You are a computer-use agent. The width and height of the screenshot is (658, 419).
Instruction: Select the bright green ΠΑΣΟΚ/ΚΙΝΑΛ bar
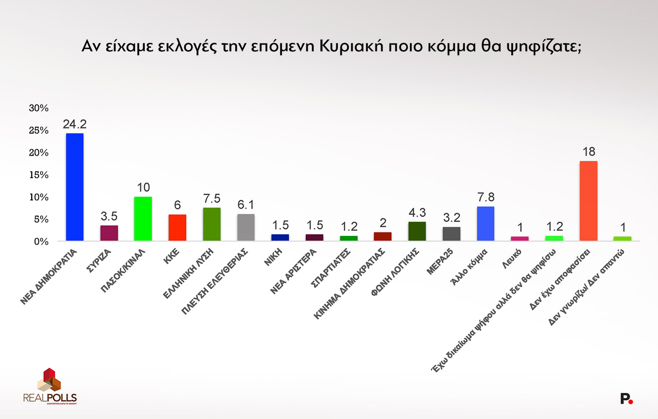click(143, 219)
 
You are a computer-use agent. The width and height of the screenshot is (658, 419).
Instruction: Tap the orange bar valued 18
click(588, 201)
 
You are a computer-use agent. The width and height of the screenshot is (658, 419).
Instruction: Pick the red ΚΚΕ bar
click(177, 228)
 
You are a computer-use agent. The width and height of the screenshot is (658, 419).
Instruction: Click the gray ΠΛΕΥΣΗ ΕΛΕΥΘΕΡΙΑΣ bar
click(246, 227)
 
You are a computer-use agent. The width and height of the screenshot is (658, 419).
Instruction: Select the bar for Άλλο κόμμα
click(486, 223)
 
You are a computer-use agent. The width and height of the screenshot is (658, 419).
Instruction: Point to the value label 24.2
click(75, 124)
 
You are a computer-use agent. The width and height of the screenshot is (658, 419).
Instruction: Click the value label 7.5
click(212, 198)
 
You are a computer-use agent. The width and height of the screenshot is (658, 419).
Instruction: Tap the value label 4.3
click(417, 213)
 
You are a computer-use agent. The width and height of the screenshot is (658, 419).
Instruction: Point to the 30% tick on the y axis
click(39, 108)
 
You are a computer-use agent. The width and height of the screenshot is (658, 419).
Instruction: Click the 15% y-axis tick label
click(39, 175)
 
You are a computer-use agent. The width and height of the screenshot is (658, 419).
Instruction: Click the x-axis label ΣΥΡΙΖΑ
click(99, 261)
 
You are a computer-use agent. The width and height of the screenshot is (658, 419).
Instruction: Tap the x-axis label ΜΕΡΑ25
click(440, 262)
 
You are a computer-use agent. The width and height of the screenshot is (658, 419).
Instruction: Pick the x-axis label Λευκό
click(512, 259)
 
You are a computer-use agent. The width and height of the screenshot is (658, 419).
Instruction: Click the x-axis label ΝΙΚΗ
click(273, 257)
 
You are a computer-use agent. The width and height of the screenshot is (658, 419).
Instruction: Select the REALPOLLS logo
click(50, 386)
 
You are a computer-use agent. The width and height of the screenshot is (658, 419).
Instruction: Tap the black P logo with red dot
click(626, 399)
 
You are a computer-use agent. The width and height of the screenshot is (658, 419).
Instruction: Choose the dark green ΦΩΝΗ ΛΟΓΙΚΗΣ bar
click(417, 231)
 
